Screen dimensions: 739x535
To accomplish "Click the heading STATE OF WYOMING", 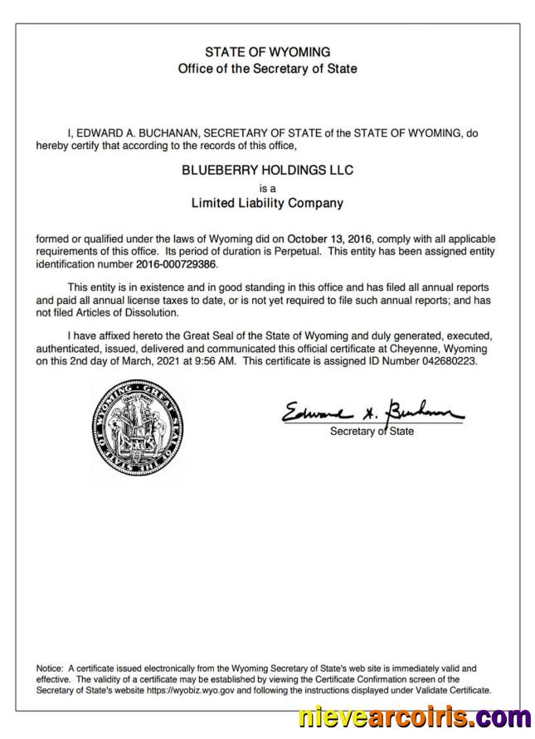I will coord(267,51).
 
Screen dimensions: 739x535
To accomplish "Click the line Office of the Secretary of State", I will coord(267,68).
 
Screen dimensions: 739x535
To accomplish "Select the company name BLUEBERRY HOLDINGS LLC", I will coord(267,170).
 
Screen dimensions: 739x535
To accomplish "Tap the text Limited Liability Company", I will coord(267,202).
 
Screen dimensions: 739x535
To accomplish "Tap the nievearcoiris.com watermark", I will coord(415,717).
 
